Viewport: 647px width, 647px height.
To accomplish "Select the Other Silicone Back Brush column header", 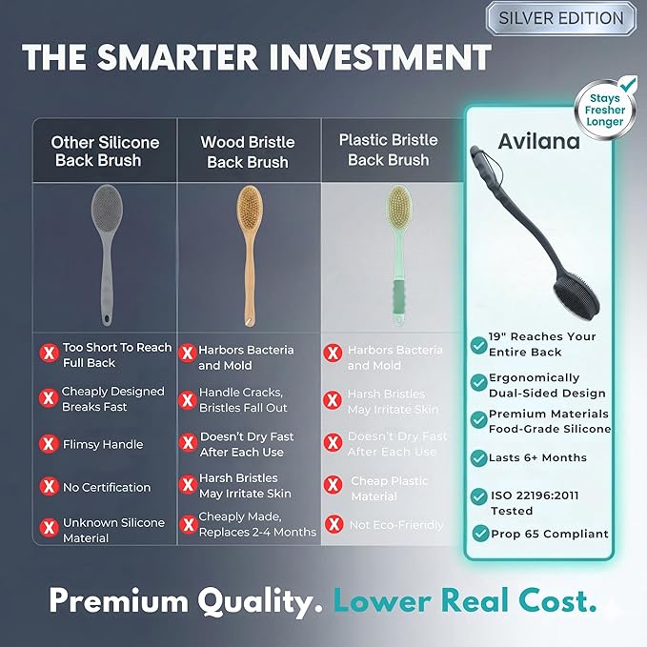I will (105, 152).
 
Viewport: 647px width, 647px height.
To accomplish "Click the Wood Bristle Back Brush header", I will (248, 152).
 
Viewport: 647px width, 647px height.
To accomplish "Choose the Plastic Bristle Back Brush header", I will (389, 150).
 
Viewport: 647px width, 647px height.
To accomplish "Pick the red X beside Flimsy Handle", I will (48, 444).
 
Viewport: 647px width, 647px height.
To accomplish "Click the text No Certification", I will (107, 487).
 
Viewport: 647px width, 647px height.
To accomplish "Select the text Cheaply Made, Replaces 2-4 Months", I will (257, 524).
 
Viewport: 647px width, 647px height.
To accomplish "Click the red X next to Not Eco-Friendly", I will (334, 524).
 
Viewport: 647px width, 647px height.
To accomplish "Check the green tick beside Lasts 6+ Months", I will (478, 457).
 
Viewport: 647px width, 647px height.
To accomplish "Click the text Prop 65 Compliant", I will (549, 534).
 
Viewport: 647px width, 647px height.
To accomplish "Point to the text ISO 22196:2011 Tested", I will (534, 503).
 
